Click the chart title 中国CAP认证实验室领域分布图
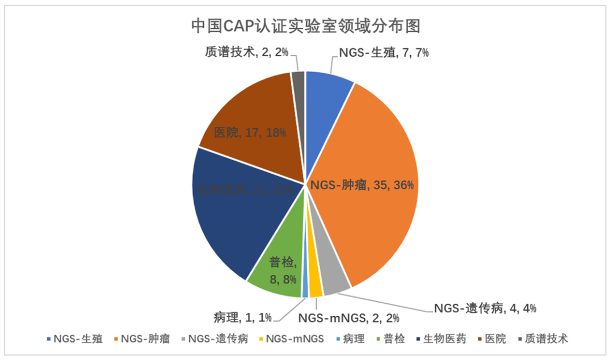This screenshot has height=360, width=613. [x=307, y=26]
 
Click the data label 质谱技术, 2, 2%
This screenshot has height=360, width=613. [x=246, y=52]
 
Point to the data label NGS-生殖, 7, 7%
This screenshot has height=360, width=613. [x=384, y=53]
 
